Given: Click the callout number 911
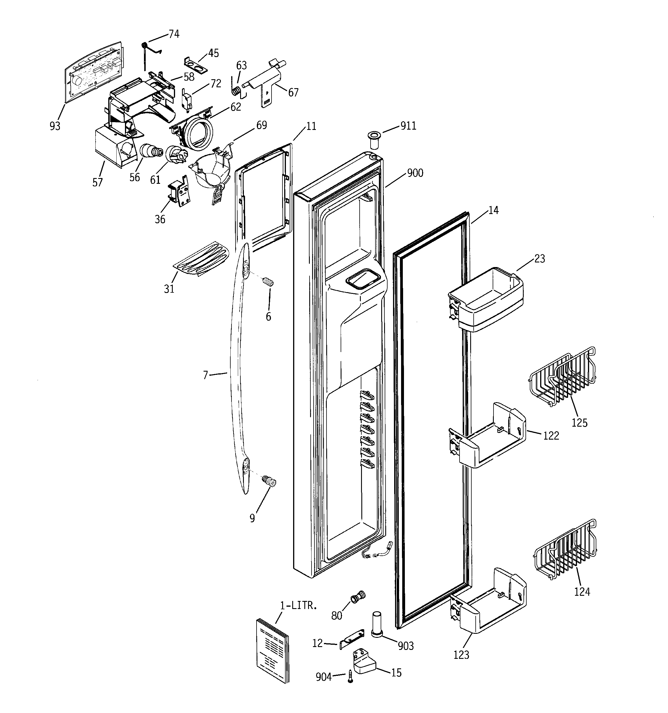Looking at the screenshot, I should click(408, 126).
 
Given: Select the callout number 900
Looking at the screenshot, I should click(415, 173).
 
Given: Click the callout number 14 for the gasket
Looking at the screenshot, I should click(494, 211).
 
